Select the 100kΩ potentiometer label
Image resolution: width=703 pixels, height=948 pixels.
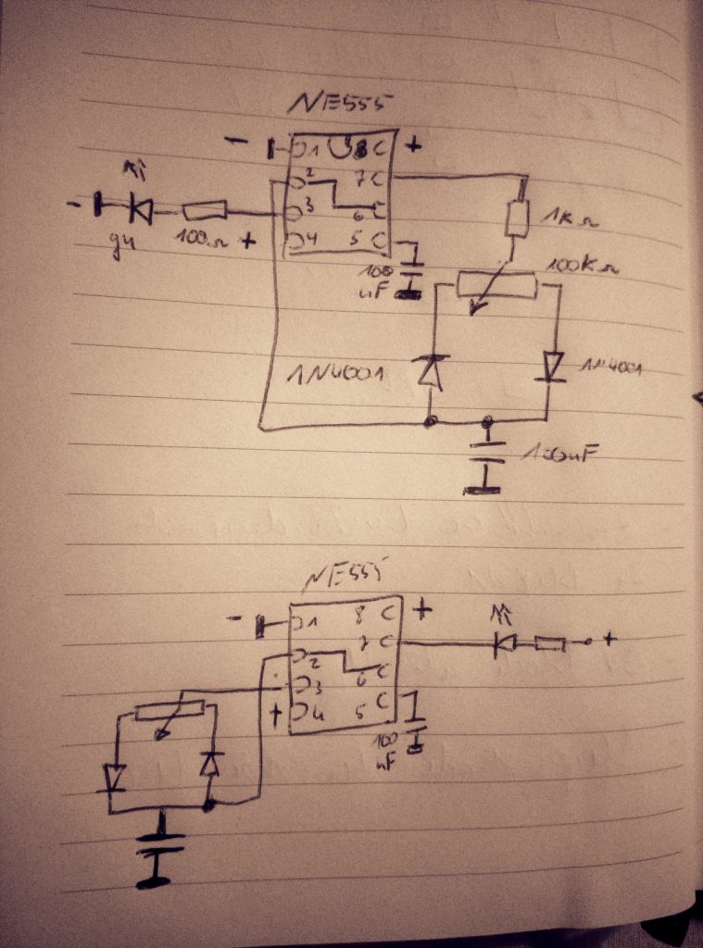584,268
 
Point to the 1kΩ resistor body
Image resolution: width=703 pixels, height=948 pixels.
517,218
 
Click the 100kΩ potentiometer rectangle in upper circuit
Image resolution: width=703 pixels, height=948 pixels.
496,284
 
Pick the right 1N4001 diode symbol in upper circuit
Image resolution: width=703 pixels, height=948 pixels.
554,367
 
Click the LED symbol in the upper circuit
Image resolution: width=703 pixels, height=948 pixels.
140,209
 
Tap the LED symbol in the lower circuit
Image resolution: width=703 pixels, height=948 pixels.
506,642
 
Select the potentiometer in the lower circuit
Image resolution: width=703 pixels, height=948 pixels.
169,711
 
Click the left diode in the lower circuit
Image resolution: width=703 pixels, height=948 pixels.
115,778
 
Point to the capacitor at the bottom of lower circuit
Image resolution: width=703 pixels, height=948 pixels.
160,845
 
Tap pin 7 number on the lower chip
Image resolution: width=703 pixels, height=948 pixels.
364,640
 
